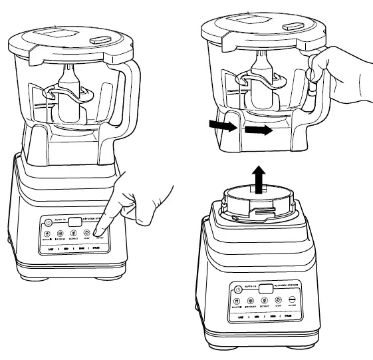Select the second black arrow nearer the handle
[259, 131]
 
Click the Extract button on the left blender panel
[74, 234]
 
